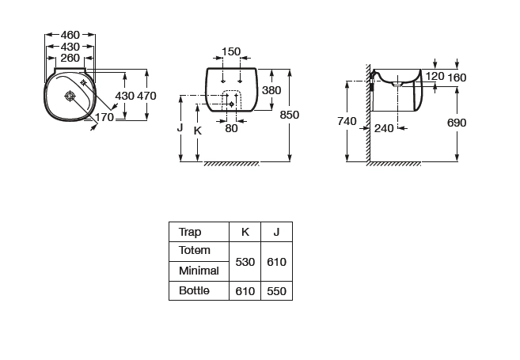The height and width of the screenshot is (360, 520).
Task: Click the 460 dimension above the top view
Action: [70, 35]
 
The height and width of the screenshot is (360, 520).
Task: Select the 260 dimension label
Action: [70, 58]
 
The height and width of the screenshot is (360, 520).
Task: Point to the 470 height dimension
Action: [147, 96]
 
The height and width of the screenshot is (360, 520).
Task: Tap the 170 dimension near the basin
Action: [104, 117]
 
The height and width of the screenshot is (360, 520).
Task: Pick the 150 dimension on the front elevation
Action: [231, 52]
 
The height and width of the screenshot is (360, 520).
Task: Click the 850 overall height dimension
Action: [290, 115]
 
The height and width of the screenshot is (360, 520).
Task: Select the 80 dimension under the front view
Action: [231, 128]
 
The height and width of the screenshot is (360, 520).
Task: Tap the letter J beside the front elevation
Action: [181, 127]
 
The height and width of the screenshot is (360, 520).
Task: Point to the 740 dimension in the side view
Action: [347, 121]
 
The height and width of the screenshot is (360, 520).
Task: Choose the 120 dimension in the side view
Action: [435, 77]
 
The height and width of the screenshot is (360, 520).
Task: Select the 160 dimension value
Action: [457, 77]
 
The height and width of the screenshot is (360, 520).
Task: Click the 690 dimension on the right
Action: [457, 123]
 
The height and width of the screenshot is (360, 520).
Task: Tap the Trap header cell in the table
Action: [190, 232]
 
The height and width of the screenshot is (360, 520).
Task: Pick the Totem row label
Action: [195, 251]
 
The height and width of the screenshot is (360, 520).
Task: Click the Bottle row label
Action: [195, 291]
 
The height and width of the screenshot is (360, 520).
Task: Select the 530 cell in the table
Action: [245, 261]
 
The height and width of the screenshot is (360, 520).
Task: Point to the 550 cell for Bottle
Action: [276, 291]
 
